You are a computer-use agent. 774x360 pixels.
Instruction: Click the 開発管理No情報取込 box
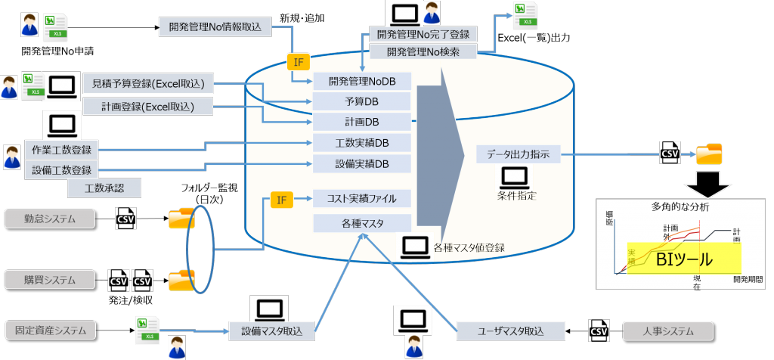click(214, 26)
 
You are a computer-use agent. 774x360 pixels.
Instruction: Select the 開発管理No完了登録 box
click(423, 34)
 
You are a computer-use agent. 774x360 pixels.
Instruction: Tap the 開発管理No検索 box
click(423, 51)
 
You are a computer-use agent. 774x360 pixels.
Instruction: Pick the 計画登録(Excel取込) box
click(148, 107)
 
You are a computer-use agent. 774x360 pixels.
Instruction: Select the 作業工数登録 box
click(61, 150)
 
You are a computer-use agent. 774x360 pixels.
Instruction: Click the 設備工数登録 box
click(61, 170)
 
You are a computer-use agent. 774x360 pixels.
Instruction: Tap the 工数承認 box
click(104, 188)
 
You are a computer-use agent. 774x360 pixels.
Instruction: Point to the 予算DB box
click(361, 102)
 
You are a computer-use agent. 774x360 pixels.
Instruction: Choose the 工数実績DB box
click(361, 143)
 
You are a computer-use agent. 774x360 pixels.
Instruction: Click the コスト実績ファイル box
click(361, 200)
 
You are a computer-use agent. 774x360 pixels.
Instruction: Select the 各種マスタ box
click(361, 223)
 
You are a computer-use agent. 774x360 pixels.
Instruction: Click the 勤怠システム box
click(51, 219)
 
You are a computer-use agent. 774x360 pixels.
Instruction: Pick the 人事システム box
click(667, 331)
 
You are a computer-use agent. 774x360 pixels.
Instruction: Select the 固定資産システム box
click(51, 330)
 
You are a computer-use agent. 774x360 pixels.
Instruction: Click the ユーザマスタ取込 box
click(511, 331)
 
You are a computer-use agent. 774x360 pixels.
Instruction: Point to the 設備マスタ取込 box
click(271, 331)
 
